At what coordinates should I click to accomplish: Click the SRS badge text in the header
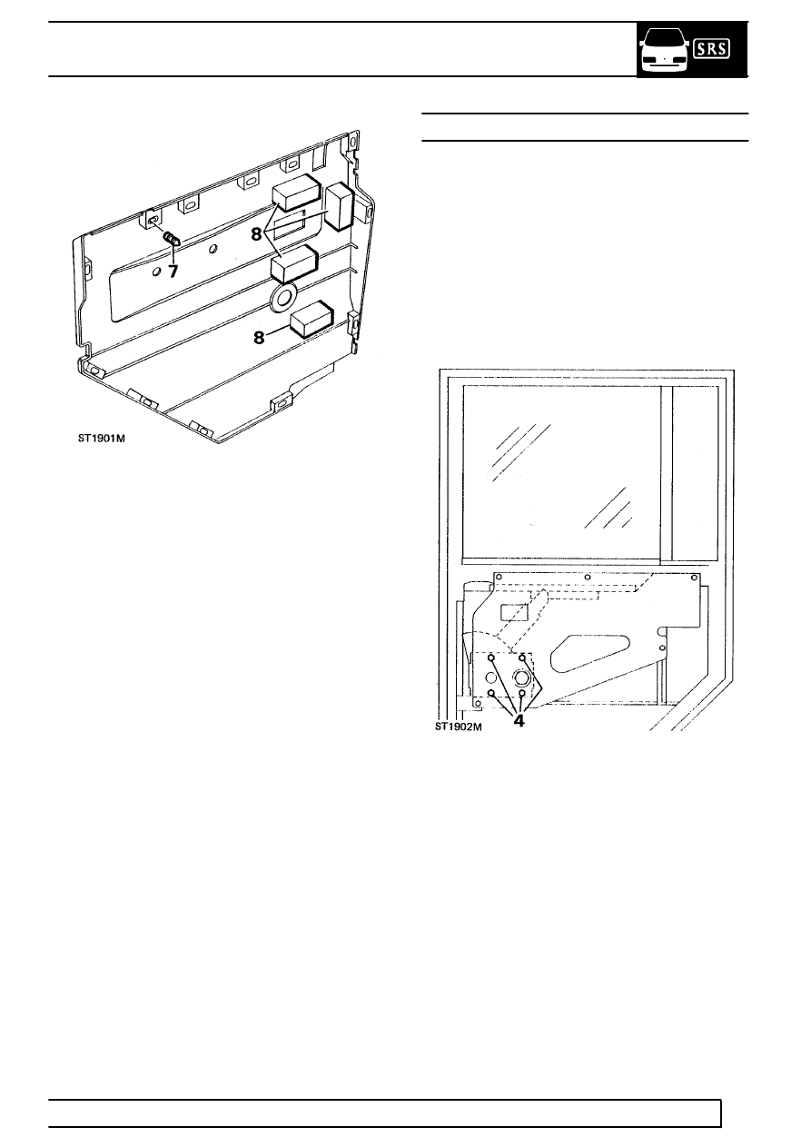[x=711, y=49]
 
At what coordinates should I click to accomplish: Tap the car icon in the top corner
[x=664, y=50]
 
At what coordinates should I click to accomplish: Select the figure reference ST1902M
[x=459, y=727]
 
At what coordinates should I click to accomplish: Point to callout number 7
[x=173, y=271]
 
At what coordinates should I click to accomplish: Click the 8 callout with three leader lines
[x=257, y=234]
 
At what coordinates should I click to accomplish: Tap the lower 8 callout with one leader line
[x=259, y=338]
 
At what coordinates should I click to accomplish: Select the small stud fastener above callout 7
[x=171, y=239]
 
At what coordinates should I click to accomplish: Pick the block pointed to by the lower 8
[x=312, y=319]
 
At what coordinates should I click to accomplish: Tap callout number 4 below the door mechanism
[x=519, y=721]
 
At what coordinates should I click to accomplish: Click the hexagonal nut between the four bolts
[x=522, y=678]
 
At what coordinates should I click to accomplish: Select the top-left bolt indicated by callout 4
[x=491, y=658]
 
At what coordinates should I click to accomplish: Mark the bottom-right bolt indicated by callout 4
[x=522, y=693]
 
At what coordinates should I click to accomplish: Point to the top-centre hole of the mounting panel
[x=588, y=577]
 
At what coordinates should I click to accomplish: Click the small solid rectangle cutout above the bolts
[x=514, y=613]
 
